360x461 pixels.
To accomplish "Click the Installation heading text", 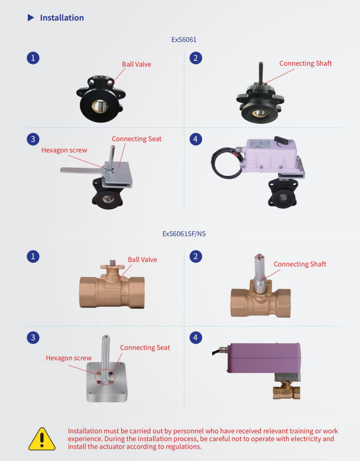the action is [62, 17].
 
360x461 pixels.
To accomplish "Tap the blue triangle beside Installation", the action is [30, 17].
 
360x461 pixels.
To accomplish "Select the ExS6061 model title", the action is [184, 40].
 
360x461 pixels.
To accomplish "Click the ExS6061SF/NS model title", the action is [184, 233].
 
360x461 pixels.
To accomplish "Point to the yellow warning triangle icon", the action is [42, 439].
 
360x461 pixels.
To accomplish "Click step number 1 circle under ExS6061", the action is [33, 58].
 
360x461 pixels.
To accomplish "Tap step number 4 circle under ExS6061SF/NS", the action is [195, 337].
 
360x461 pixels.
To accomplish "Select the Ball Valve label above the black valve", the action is [136, 64].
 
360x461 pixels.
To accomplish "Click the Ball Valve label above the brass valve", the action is [142, 260].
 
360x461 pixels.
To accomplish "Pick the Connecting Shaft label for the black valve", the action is [306, 63].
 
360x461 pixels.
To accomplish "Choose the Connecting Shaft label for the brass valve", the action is [300, 264].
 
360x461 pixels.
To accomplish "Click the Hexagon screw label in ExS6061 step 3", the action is [64, 150].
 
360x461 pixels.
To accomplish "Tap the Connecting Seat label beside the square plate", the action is [145, 348].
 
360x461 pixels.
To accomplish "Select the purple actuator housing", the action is [264, 358].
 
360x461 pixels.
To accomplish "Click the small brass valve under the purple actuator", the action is [287, 390].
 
